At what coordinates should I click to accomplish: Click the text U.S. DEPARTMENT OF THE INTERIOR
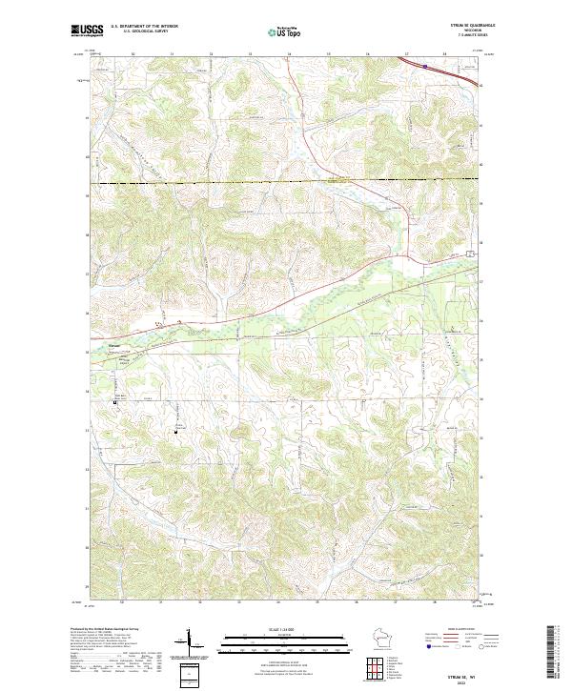144,26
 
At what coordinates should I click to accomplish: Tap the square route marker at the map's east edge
469,254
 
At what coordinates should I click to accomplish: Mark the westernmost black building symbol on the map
116,402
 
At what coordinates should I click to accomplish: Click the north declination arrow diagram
192,640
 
